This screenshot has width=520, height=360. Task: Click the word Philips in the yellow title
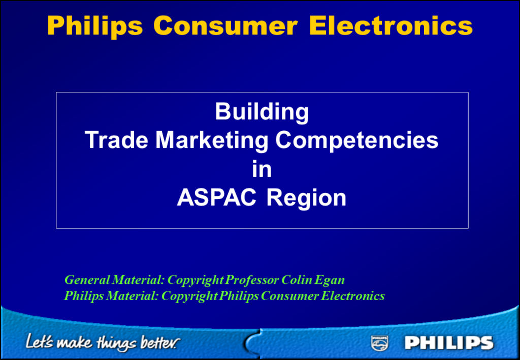[x=95, y=26]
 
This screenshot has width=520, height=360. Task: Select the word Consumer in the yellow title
[x=225, y=26]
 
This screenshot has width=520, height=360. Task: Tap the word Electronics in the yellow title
[x=391, y=26]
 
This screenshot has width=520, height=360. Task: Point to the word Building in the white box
[x=262, y=112]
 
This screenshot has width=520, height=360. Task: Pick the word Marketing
[x=212, y=141]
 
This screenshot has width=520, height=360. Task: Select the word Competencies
[x=357, y=141]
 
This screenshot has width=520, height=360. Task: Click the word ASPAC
[x=216, y=198]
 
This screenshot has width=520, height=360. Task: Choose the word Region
[x=306, y=199]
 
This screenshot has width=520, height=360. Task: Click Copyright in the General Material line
[x=196, y=281]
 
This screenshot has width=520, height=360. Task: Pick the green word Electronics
[x=353, y=296]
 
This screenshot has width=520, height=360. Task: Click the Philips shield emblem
[x=379, y=343]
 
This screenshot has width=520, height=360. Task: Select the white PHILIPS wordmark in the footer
[x=449, y=343]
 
